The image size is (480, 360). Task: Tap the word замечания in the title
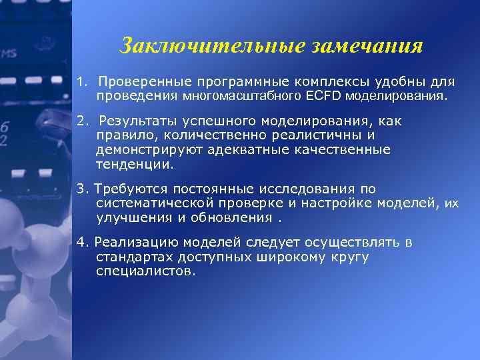tap(366, 46)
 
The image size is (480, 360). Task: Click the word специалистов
tap(147, 271)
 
